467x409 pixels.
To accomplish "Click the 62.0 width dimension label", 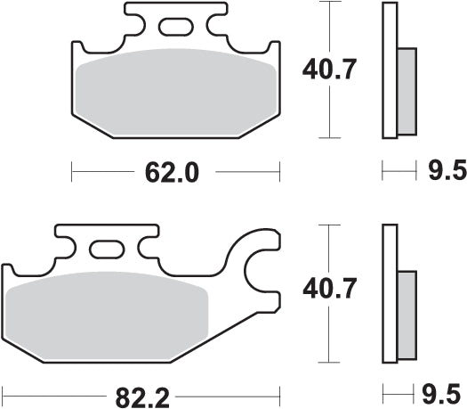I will coord(175,169).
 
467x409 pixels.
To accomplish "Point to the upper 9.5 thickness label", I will coord(440,169).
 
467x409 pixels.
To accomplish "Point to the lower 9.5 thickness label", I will coord(440,392).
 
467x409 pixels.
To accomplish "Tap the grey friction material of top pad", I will coord(174,94).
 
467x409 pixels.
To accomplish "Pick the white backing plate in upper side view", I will coord(389,71).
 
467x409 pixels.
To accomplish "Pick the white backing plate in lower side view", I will coord(389,294).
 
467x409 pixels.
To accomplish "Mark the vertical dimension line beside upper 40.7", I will coord(331,116).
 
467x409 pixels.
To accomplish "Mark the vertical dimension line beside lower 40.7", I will coord(331,339).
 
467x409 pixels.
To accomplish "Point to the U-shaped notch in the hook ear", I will coord(263,267).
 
